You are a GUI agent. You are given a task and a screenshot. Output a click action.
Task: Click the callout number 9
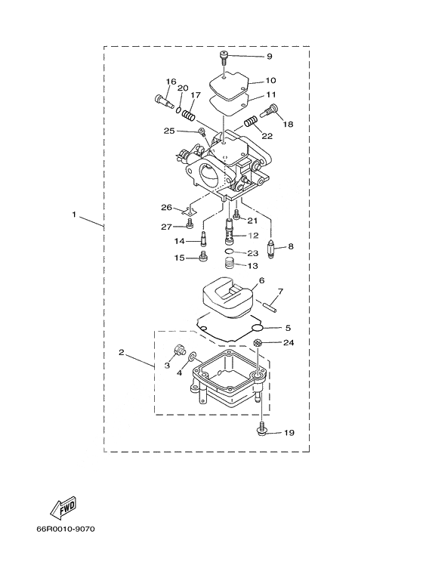(269, 57)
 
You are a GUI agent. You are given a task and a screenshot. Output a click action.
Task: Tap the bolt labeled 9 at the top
(224, 57)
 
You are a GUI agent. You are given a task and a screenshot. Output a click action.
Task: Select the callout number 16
(171, 82)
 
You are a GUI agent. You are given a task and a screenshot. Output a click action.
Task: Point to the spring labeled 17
(189, 112)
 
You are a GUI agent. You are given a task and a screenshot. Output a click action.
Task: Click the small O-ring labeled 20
(179, 110)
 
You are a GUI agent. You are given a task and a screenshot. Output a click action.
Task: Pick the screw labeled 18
(270, 110)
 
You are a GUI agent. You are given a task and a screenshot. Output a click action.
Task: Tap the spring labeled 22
(251, 122)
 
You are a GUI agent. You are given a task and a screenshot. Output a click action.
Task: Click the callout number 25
(169, 131)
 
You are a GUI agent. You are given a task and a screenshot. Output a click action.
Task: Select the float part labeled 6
(227, 296)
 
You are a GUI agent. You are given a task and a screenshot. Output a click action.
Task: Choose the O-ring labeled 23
(231, 252)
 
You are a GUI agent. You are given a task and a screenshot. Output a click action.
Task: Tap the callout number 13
(253, 266)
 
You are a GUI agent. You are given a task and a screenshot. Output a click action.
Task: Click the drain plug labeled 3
(179, 351)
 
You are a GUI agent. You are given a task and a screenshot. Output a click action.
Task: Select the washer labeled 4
(193, 357)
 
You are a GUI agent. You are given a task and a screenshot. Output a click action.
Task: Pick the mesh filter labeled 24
(258, 343)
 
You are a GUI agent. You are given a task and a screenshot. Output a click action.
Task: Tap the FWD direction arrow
(63, 508)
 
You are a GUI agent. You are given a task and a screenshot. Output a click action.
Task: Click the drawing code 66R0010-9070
(66, 529)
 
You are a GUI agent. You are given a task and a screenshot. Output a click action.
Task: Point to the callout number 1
(74, 214)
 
